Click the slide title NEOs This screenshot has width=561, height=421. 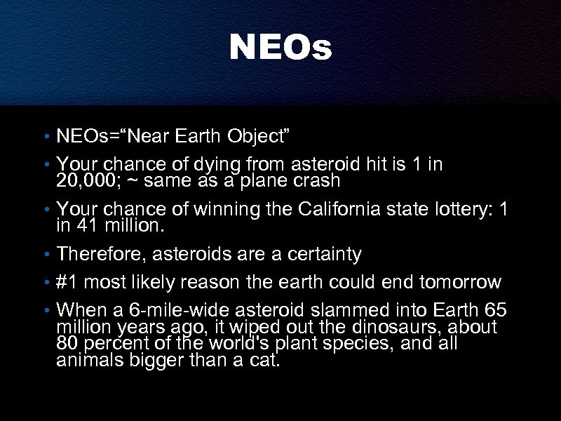(280, 48)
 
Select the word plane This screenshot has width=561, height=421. (266, 182)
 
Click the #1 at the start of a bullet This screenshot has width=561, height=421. (66, 282)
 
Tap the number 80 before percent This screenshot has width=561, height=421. (67, 345)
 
